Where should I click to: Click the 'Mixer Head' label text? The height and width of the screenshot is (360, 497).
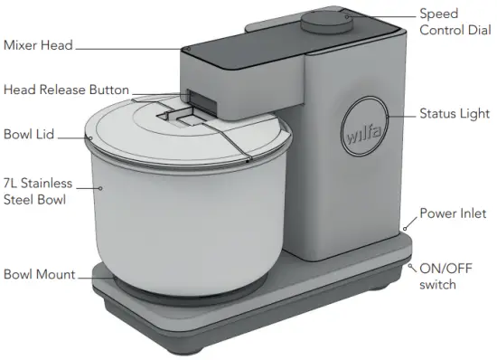coord(37,44)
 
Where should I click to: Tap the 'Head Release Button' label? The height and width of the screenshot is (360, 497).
coord(66,90)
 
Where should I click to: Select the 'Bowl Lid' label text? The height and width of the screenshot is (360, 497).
coord(29,135)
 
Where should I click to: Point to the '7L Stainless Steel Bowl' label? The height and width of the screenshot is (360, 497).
coord(37,191)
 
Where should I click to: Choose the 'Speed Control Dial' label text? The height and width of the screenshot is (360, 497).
coord(451,22)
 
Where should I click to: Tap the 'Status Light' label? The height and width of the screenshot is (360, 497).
coord(455,114)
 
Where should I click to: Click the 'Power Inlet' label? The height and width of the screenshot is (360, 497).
coord(453,214)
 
